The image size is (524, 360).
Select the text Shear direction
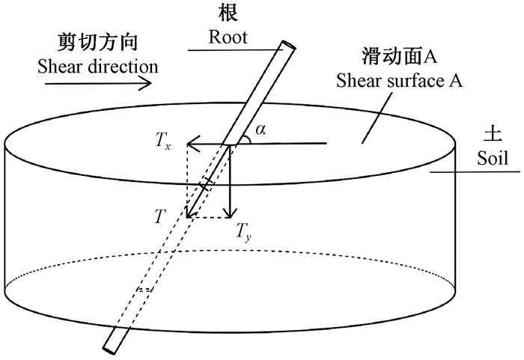[x=97, y=66]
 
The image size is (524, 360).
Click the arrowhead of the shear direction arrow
[x=147, y=83]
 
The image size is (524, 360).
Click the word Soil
[x=492, y=158]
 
